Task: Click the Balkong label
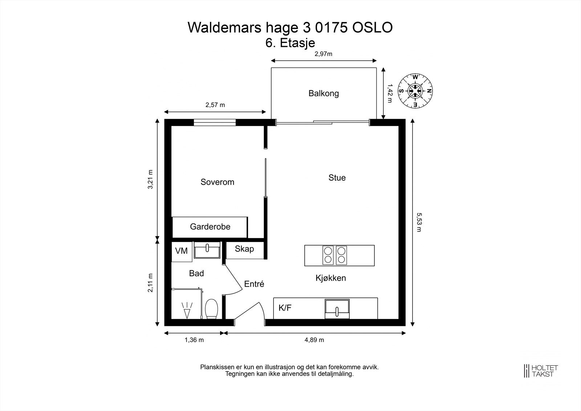324,93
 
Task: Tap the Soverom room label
217,182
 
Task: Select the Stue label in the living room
337,178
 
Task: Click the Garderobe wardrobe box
210,227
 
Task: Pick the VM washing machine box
182,251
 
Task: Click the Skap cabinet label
244,249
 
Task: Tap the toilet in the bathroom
211,309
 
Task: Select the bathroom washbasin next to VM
207,250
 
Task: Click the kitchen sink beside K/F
337,309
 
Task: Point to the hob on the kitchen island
335,255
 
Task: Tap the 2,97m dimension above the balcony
323,54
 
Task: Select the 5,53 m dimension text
419,222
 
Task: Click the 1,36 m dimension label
194,340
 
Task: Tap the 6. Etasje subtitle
290,43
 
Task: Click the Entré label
254,284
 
